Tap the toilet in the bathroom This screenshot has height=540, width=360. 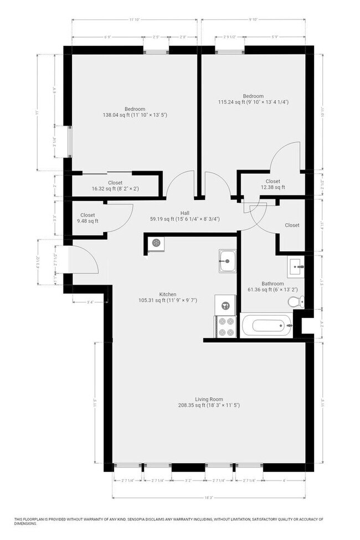coord(295,301)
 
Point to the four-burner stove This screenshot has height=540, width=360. coord(225,326)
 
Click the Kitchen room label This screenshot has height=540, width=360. coord(168,294)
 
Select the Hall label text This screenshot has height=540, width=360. coord(185,212)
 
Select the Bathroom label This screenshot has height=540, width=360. coord(272,284)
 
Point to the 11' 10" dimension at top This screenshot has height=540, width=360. coord(134,20)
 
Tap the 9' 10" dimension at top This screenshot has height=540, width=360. coord(253,20)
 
